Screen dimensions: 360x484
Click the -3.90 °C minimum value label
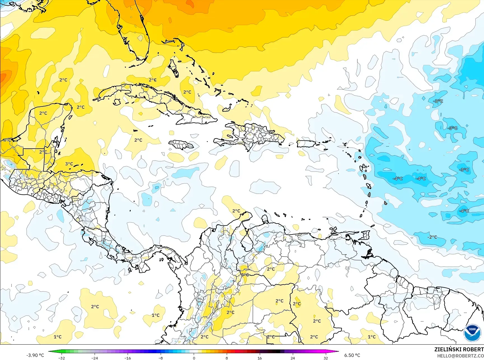(x=35, y=355)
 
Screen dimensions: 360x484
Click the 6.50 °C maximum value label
(x=352, y=355)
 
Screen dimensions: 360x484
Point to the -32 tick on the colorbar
(x=62, y=358)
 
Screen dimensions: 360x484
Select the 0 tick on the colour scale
(x=194, y=358)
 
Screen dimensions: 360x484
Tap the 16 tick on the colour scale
(x=259, y=358)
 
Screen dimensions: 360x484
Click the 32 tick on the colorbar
(x=325, y=358)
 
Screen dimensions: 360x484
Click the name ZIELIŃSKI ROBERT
(x=459, y=349)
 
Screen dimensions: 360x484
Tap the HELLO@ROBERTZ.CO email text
(x=460, y=356)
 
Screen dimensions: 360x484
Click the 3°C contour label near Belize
(x=69, y=164)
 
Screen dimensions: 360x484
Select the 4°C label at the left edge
(x=7, y=140)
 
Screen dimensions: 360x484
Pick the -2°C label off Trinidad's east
(x=432, y=237)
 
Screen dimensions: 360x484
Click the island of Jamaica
(x=181, y=145)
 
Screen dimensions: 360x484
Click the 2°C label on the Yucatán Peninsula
(x=43, y=113)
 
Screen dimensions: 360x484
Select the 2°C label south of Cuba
(x=138, y=140)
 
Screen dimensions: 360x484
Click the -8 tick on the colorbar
(x=161, y=358)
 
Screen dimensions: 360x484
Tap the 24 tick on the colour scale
(x=293, y=358)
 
